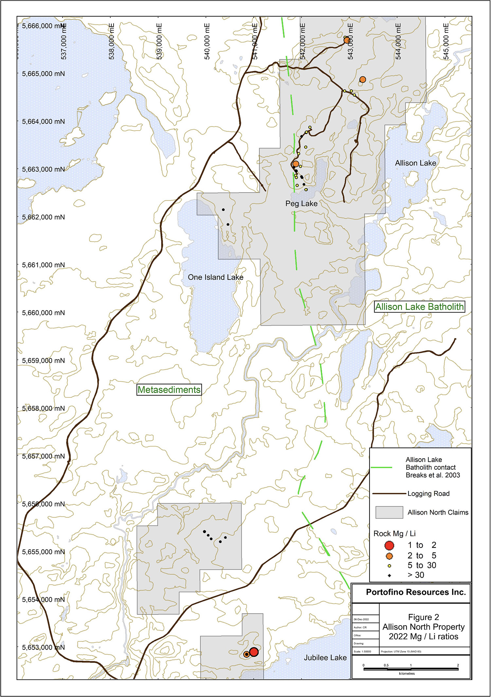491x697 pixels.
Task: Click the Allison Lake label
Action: click(415, 163)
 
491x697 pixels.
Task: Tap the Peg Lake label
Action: click(301, 204)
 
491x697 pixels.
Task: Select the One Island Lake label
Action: click(215, 277)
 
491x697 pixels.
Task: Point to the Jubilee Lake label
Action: click(325, 658)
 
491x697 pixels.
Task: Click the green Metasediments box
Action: click(169, 390)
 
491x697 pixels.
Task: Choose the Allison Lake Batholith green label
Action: click(419, 307)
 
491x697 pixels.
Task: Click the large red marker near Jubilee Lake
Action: click(254, 652)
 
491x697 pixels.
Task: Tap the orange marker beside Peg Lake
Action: click(296, 164)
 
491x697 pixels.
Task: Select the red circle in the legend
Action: click(389, 545)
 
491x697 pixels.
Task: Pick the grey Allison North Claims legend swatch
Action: click(389, 512)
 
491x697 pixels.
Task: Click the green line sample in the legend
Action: click(382, 468)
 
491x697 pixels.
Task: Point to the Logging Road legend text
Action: click(428, 494)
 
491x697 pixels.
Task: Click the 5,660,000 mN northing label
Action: click(43, 313)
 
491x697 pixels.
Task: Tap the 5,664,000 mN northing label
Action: click(43, 121)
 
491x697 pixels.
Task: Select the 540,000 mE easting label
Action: click(207, 41)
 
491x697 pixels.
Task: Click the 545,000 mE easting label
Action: click(446, 41)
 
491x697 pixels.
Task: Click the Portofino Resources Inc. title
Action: click(416, 592)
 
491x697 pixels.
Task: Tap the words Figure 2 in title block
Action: click(423, 617)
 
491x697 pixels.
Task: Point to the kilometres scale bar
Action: click(410, 669)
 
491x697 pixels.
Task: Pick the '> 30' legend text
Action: click(416, 575)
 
